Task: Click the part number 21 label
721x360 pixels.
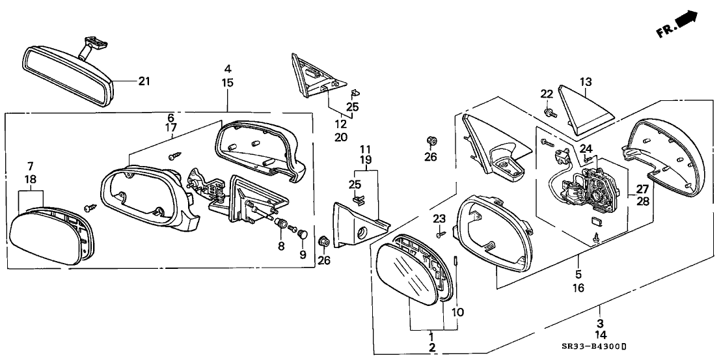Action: click(144, 81)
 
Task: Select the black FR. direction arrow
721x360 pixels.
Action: click(686, 21)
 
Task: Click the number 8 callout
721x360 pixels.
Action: click(282, 246)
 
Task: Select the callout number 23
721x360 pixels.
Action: click(441, 218)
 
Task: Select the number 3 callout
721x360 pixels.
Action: click(599, 322)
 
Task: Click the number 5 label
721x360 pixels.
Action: click(578, 275)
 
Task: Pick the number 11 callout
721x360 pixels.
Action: click(366, 148)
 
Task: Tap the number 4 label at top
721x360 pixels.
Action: click(228, 68)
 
